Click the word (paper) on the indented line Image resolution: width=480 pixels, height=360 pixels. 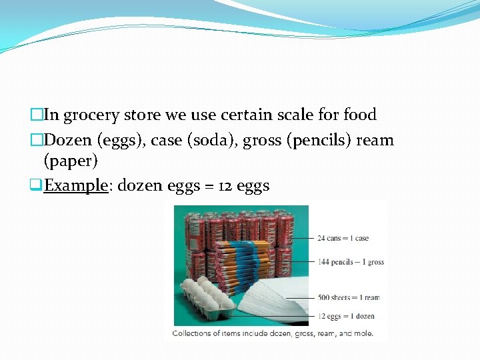coord(71,161)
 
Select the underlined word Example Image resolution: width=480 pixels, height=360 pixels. coord(75,185)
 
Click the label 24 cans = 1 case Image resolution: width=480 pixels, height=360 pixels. coord(343,238)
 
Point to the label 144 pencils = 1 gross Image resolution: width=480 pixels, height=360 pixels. coord(351,262)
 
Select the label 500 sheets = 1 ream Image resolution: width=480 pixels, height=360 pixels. coord(349,298)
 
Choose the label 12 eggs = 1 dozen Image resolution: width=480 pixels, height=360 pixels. coord(347,316)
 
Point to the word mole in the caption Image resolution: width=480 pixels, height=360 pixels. coord(364,333)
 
